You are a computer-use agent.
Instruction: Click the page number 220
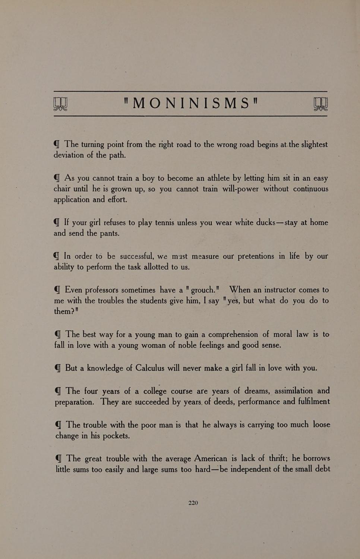tap(193, 503)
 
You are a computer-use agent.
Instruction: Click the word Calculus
tap(150, 368)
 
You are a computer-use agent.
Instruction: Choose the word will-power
tap(240, 189)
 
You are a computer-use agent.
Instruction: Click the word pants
tap(108, 233)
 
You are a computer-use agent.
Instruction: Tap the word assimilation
tap(294, 391)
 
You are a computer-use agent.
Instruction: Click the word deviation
tap(69, 155)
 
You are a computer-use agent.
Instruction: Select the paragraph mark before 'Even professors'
tap(57, 290)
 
